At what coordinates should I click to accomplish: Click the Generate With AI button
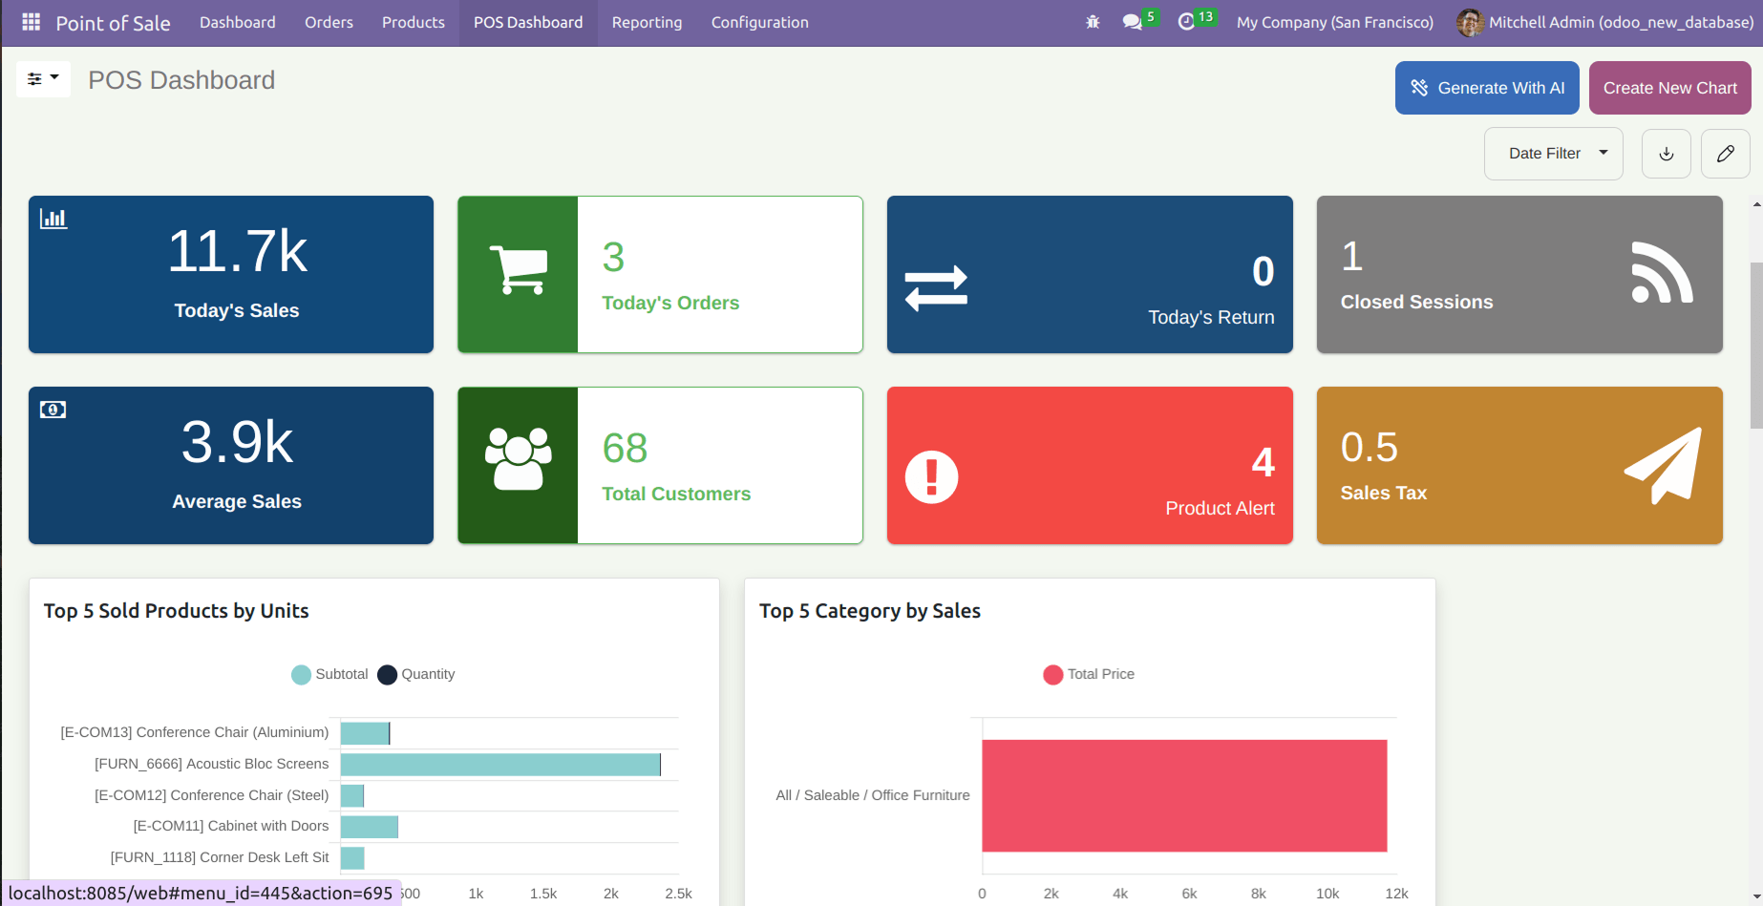point(1487,88)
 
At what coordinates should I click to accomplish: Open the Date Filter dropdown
point(1554,154)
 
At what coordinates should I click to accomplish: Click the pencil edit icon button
point(1726,154)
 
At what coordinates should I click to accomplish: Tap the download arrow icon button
point(1667,154)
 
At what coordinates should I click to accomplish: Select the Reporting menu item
point(647,22)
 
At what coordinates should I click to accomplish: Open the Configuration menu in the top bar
point(760,22)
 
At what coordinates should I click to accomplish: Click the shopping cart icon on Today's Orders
point(519,269)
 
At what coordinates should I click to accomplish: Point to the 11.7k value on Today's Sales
point(237,252)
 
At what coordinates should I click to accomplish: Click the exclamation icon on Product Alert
point(932,476)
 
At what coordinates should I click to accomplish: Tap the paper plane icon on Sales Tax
point(1664,466)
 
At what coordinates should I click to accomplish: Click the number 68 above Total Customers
point(625,448)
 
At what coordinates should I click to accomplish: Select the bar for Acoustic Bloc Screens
point(500,765)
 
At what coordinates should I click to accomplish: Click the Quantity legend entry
point(416,675)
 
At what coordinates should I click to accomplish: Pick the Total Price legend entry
point(1089,675)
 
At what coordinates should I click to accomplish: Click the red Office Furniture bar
point(1184,796)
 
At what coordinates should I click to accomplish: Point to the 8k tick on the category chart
point(1259,894)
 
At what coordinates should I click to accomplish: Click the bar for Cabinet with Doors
point(370,827)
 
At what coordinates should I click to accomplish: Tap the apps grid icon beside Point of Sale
point(32,22)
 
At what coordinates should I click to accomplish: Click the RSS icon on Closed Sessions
point(1662,273)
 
